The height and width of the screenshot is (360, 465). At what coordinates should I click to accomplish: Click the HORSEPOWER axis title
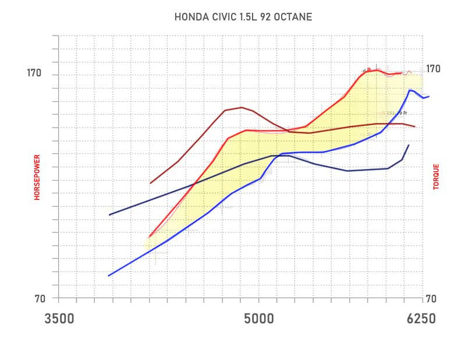[x=37, y=177]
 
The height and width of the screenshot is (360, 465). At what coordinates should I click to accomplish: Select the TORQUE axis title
[x=436, y=176]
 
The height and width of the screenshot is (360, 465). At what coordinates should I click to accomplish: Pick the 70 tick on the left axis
[x=40, y=299]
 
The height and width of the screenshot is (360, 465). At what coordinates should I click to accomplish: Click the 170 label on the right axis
[x=433, y=69]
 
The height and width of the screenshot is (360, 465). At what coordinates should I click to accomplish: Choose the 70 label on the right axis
[x=430, y=299]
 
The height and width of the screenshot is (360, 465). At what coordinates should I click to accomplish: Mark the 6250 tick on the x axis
[x=420, y=319]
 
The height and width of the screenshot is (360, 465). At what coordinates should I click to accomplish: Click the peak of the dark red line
[x=241, y=107]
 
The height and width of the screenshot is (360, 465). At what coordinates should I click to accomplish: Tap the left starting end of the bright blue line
[x=109, y=276]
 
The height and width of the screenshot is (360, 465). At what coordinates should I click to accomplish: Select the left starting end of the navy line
[x=110, y=215]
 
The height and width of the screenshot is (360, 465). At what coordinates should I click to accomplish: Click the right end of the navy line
[x=409, y=145]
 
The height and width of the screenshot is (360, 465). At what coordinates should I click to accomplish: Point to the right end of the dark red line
[x=415, y=126]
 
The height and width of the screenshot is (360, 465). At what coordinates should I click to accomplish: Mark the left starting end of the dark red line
[x=150, y=183]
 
